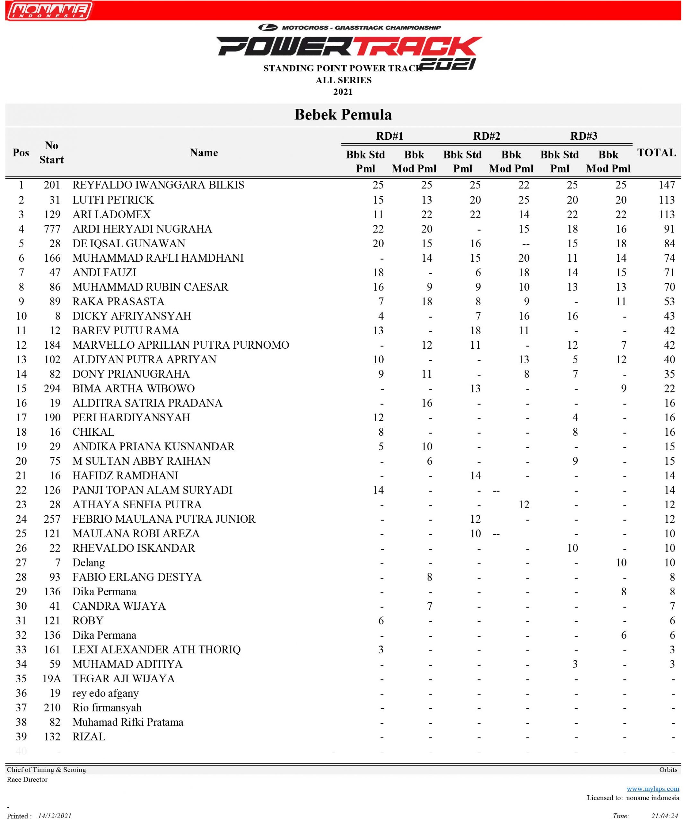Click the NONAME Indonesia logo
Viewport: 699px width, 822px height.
pyautogui.click(x=49, y=11)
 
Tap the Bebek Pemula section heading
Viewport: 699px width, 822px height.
pyautogui.click(x=343, y=115)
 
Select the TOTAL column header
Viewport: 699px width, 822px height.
pyautogui.click(x=656, y=153)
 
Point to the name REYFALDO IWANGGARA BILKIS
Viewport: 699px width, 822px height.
pyautogui.click(x=158, y=185)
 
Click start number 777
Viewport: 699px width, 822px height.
pyautogui.click(x=52, y=229)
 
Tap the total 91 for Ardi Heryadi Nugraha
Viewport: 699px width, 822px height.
pyautogui.click(x=669, y=229)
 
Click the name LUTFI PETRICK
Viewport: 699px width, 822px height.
pyautogui.click(x=113, y=200)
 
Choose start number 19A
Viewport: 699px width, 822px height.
pyautogui.click(x=52, y=678)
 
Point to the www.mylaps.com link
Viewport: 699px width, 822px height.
pyautogui.click(x=653, y=788)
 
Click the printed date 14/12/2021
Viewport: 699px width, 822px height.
pyautogui.click(x=55, y=816)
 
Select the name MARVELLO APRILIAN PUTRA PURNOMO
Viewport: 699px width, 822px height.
pyautogui.click(x=181, y=345)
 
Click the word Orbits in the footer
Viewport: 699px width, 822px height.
pyautogui.click(x=668, y=769)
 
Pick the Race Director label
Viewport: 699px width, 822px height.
pyautogui.click(x=27, y=779)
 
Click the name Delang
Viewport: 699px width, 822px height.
pyautogui.click(x=88, y=563)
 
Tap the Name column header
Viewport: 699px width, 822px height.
pyautogui.click(x=204, y=153)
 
